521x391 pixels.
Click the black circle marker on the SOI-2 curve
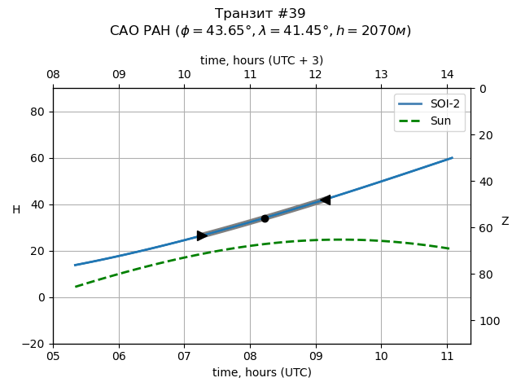click(x=265, y=218)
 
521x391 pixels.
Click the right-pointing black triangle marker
click(x=202, y=235)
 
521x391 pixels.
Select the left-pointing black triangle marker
click(x=325, y=200)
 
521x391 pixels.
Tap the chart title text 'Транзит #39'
click(x=260, y=14)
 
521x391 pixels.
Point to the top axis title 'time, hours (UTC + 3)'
click(x=262, y=60)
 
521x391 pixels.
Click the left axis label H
click(x=16, y=210)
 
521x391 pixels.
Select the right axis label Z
click(x=505, y=222)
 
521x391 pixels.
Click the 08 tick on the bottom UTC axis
click(x=250, y=355)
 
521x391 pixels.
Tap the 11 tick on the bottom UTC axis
click(x=447, y=355)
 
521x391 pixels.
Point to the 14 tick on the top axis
click(x=447, y=75)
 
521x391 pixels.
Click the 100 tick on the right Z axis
click(x=487, y=321)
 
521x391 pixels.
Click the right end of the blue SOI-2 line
click(x=452, y=158)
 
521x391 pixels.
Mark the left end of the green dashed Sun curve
click(x=76, y=287)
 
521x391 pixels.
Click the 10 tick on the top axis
click(x=184, y=75)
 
